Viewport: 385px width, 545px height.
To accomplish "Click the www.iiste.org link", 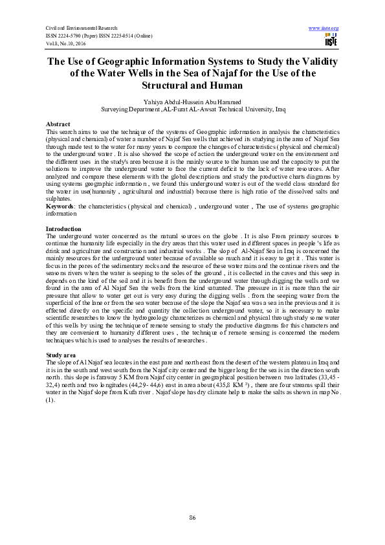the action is [325, 28].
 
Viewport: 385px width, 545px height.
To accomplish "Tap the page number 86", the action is [192, 517].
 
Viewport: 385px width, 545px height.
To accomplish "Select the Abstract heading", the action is [58, 123].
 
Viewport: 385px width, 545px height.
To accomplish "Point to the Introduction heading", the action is [63, 230].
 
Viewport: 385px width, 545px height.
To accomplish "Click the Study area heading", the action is [62, 356].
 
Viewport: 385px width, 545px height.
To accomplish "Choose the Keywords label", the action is [60, 205].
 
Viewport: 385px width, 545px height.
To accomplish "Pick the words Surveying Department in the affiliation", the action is [130, 110].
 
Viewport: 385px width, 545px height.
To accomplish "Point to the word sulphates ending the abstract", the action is [60, 199].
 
